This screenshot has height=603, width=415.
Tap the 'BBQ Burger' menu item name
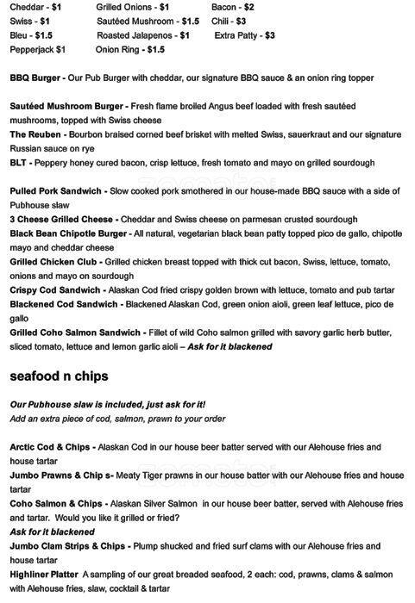point(36,78)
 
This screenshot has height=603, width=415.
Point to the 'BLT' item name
point(20,162)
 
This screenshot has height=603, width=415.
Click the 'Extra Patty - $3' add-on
point(245,35)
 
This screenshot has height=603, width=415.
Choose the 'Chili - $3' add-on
point(229,21)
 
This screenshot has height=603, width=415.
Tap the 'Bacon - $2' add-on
point(233,6)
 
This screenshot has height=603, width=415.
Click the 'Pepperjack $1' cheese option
point(38,50)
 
